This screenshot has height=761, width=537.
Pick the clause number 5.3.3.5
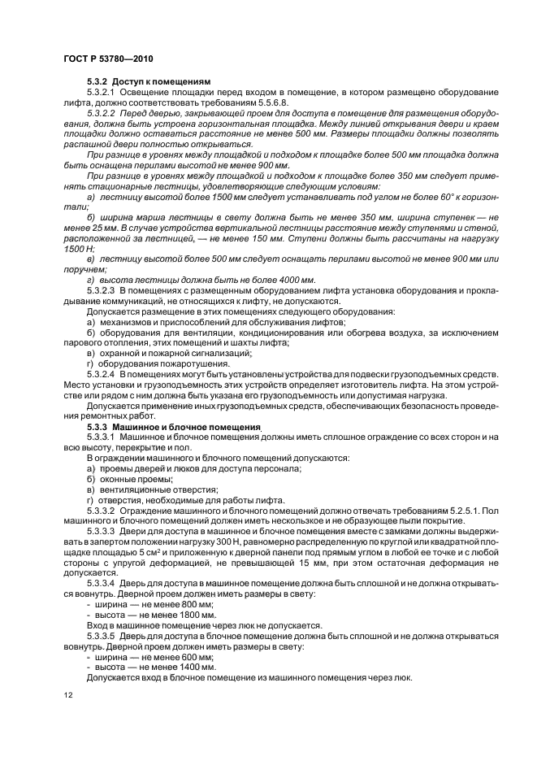(x=103, y=635)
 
